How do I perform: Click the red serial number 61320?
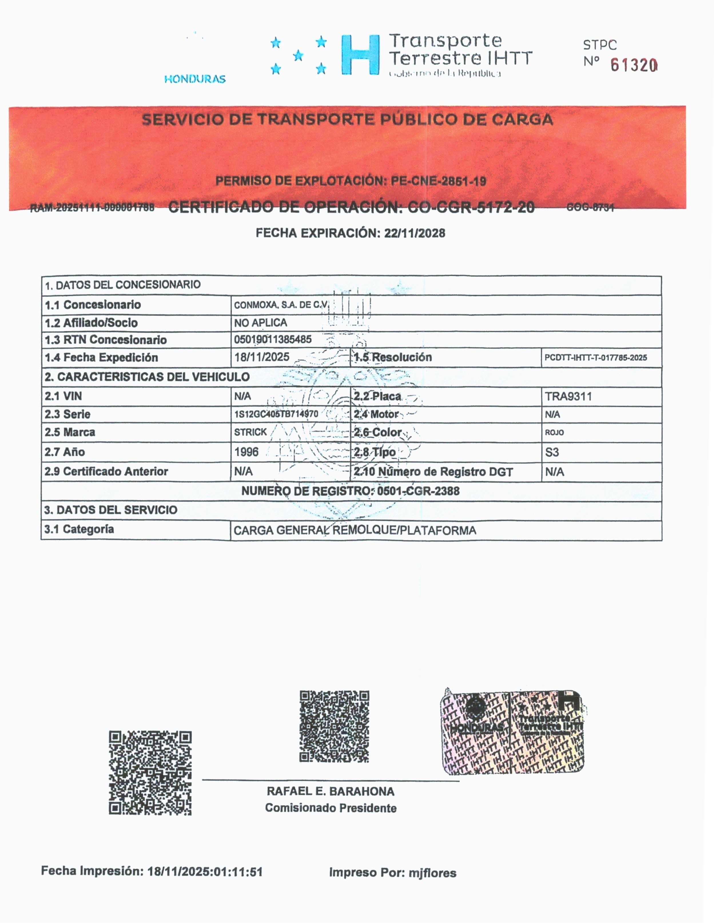tap(633, 65)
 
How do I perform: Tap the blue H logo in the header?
tap(360, 55)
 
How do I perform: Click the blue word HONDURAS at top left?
tap(195, 79)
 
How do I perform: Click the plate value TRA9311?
tap(568, 397)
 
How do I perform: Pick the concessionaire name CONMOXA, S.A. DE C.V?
tap(281, 305)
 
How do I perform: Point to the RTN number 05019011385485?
tap(273, 339)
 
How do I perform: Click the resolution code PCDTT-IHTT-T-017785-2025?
tap(595, 358)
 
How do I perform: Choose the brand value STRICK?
tap(250, 432)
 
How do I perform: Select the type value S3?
tap(552, 452)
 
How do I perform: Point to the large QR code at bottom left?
tap(150, 773)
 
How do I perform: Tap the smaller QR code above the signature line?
tap(334, 726)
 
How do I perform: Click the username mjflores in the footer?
tap(432, 873)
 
